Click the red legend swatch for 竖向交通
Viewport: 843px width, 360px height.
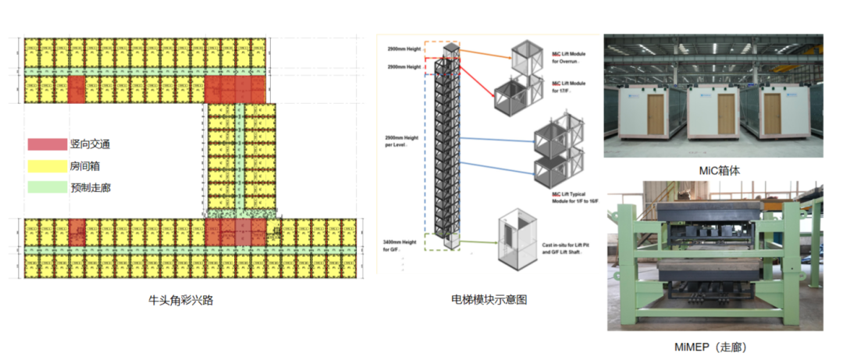[46, 144]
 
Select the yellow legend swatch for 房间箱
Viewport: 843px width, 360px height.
[46, 166]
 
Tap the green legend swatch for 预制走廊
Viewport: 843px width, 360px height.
[46, 187]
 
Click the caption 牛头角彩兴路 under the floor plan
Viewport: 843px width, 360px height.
[181, 300]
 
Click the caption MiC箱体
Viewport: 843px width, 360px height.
[715, 169]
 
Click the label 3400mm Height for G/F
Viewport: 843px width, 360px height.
[404, 246]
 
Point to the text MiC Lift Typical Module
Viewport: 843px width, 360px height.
[574, 195]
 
